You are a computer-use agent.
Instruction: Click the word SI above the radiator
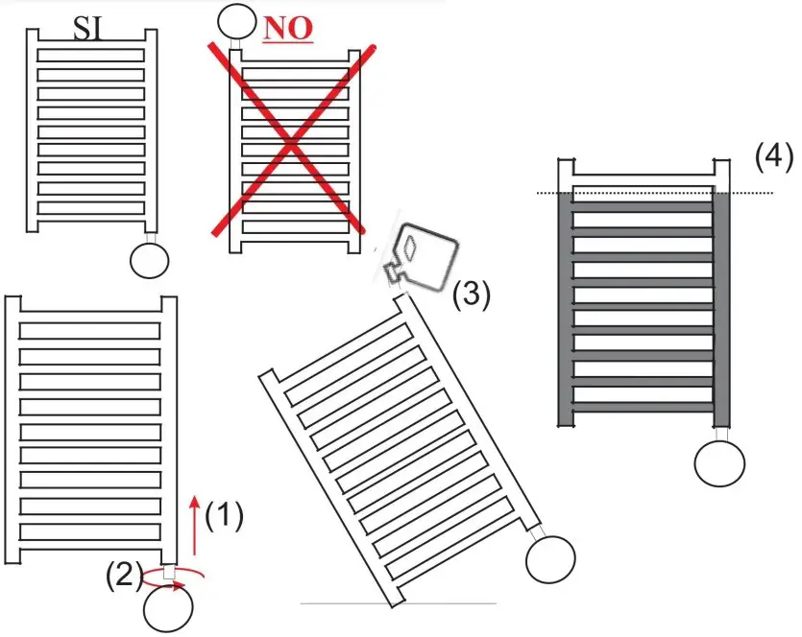coord(89,31)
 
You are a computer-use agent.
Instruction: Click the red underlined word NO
coord(288,29)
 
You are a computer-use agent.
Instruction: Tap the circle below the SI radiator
coord(150,260)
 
